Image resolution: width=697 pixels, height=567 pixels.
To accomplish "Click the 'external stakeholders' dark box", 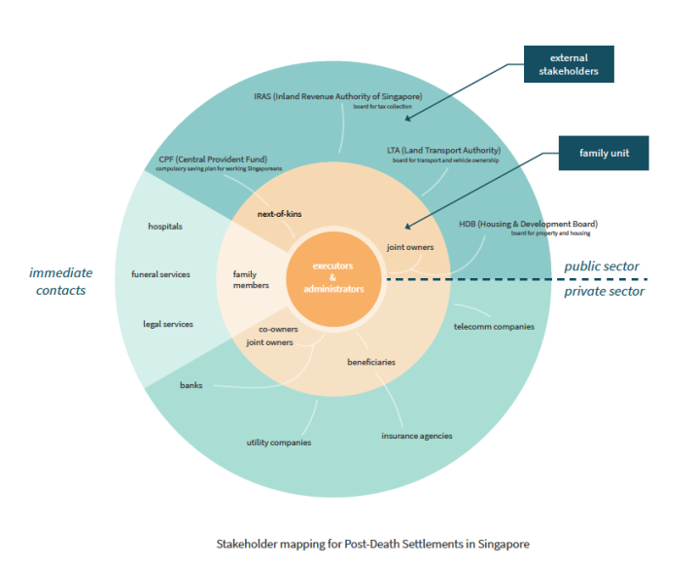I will (x=569, y=64).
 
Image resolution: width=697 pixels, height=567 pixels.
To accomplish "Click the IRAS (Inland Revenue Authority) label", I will (x=339, y=97).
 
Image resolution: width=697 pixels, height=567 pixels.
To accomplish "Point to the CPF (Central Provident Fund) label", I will (x=213, y=159).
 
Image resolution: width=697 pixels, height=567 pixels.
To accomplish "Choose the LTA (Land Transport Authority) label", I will (x=443, y=151).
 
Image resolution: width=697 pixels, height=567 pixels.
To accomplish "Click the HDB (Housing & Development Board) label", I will (x=528, y=224).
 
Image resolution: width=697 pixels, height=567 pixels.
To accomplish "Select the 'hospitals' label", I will (x=165, y=227).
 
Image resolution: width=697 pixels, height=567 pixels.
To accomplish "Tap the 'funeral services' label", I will (x=160, y=274).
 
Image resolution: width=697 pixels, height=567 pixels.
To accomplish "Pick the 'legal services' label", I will (x=168, y=324).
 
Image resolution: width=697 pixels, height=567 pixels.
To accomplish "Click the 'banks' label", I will (x=192, y=385).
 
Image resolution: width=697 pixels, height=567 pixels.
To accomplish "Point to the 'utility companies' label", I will (x=278, y=443).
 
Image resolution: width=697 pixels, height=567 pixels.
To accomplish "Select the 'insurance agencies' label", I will (x=416, y=436).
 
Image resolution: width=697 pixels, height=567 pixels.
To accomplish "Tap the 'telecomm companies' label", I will (x=494, y=327).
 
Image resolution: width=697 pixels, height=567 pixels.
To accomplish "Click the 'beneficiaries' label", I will (x=371, y=362).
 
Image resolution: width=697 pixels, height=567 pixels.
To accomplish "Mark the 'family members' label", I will (x=245, y=280).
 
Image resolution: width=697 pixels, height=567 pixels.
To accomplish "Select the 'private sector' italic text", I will (x=605, y=291).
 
